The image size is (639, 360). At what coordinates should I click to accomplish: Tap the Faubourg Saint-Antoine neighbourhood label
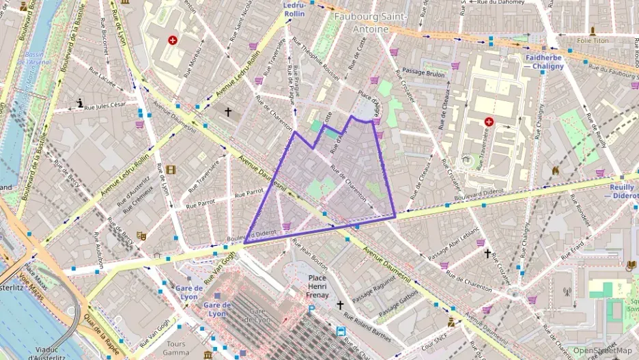[x=369, y=22]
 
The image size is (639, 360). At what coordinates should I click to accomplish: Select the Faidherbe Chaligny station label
[x=544, y=62]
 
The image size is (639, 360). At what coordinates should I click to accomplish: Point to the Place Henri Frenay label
[x=318, y=286]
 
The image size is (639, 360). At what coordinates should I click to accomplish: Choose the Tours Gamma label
[x=175, y=348]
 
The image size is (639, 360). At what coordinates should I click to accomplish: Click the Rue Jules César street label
[x=107, y=105]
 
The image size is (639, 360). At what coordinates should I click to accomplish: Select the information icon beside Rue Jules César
[x=81, y=104]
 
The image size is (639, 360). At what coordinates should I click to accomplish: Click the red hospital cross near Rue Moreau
[x=173, y=40]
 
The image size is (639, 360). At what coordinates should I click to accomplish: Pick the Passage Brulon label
[x=423, y=73]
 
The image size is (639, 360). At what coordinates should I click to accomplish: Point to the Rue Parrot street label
[x=249, y=195]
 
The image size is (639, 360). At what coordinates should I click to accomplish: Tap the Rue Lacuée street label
[x=100, y=79]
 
